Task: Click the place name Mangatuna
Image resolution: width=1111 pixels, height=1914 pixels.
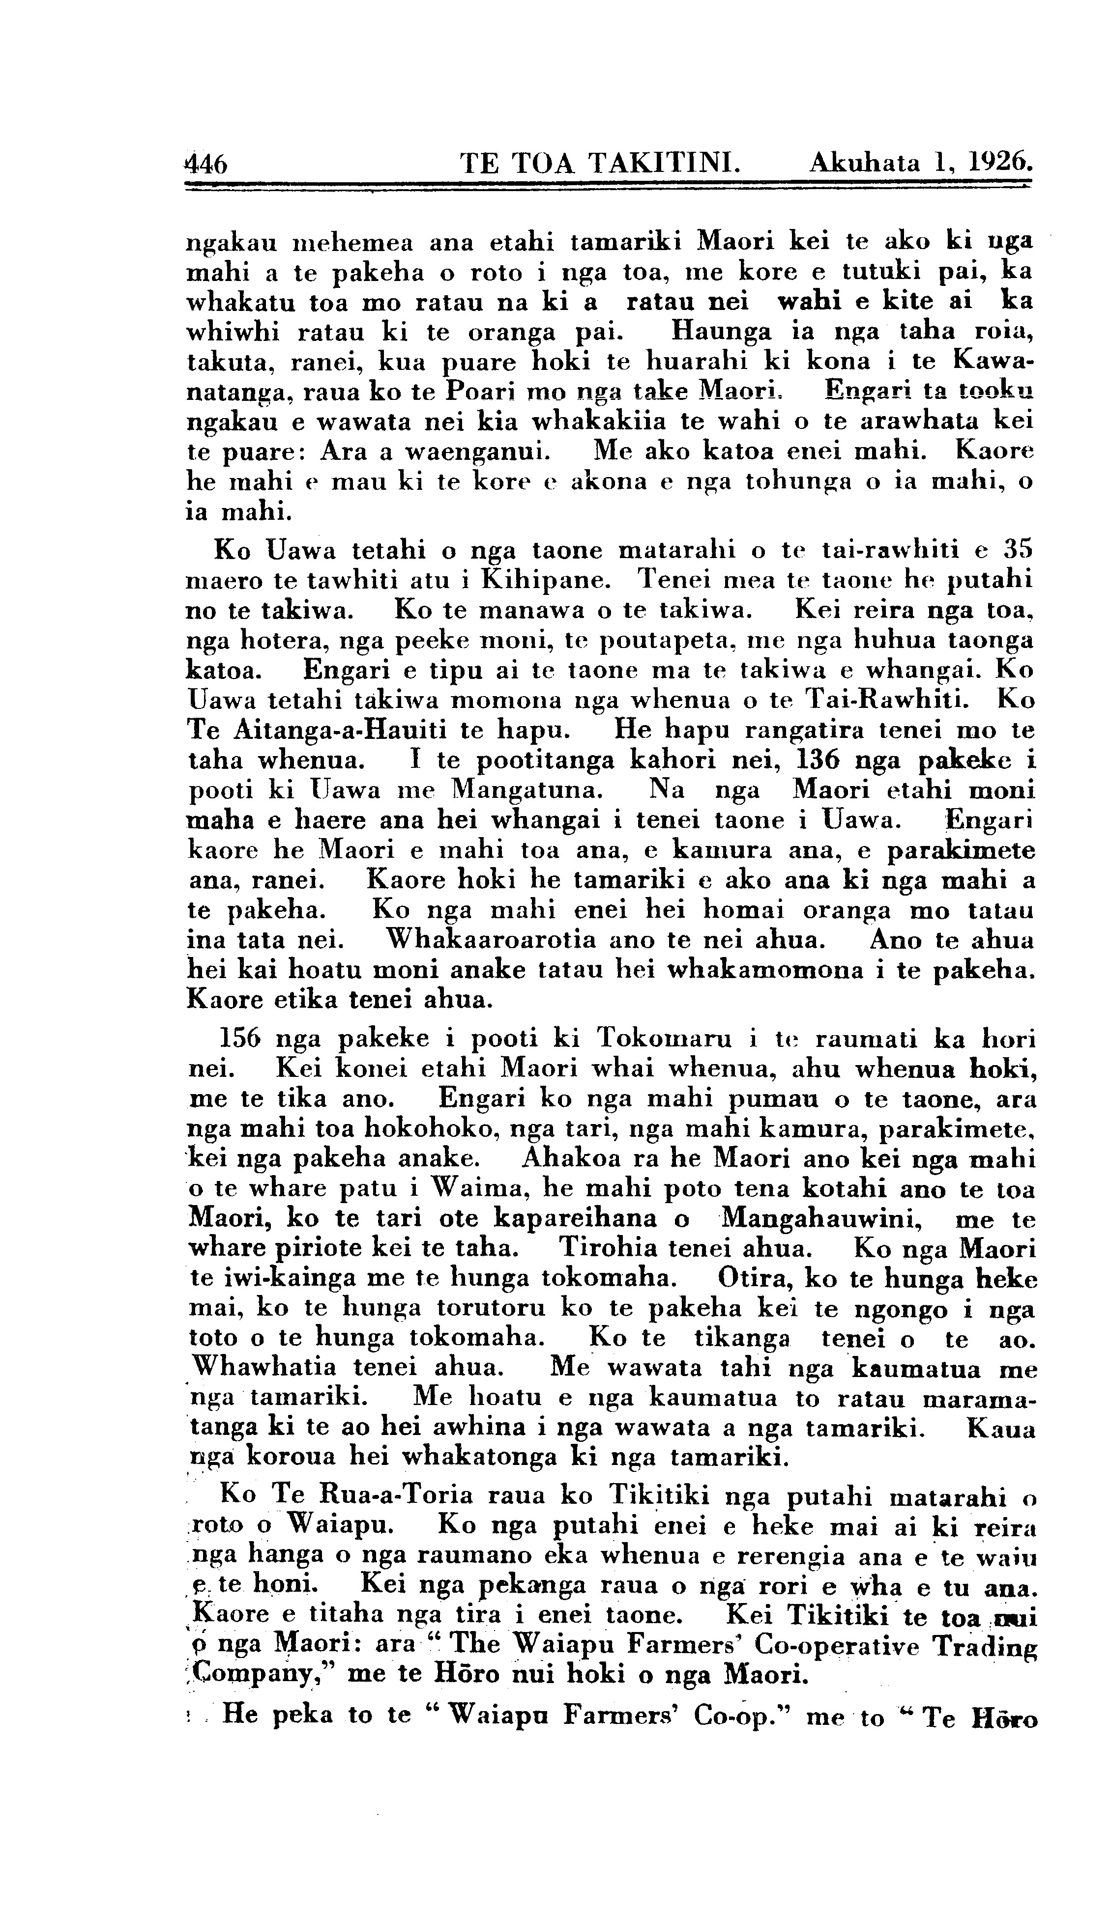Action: (x=527, y=790)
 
